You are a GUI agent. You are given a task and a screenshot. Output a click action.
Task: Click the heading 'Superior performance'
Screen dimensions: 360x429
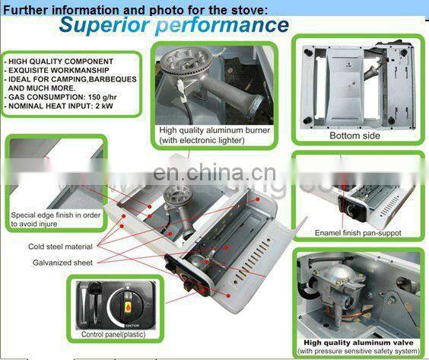pos(173,25)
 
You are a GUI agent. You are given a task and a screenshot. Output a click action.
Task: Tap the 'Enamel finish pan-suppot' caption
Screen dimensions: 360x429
pos(358,232)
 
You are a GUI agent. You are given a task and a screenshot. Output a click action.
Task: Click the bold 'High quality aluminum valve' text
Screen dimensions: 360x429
pos(359,342)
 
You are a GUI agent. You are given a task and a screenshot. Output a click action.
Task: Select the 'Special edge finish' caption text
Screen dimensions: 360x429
pos(55,215)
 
